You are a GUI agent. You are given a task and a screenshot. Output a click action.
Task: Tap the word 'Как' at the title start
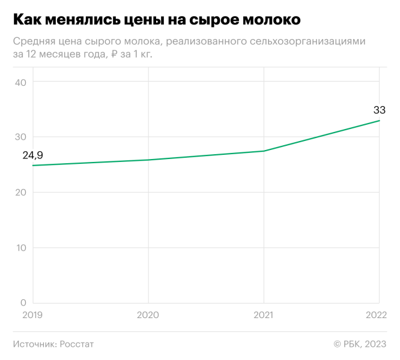[x=28, y=20]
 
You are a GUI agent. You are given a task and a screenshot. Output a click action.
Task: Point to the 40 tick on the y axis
[x=20, y=82]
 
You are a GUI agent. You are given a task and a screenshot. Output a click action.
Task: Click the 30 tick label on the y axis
[x=20, y=137]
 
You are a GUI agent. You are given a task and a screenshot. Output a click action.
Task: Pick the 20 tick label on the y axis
[x=20, y=192]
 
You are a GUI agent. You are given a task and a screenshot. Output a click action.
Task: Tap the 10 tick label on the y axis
[x=20, y=248]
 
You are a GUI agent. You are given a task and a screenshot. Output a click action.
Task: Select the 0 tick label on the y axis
[x=23, y=303]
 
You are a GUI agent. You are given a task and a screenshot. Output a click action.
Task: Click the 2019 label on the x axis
[x=33, y=314]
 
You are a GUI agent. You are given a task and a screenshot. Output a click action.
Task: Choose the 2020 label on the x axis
[x=148, y=314]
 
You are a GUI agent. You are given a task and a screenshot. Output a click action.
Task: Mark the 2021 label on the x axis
[x=264, y=314]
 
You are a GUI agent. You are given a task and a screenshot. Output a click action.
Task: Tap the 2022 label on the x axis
[x=377, y=314]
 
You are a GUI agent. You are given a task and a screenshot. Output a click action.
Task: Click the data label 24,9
[x=33, y=155]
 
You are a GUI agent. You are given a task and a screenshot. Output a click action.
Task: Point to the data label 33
[x=380, y=110]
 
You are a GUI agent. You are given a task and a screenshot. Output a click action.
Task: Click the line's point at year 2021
[x=264, y=151]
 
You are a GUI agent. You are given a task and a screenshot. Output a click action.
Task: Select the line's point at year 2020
[x=148, y=160]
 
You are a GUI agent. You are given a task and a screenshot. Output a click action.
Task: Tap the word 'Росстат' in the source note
[x=77, y=344]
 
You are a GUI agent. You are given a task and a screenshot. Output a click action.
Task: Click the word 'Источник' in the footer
[x=34, y=344]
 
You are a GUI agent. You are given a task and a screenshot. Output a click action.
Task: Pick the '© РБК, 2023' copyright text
[x=360, y=344]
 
